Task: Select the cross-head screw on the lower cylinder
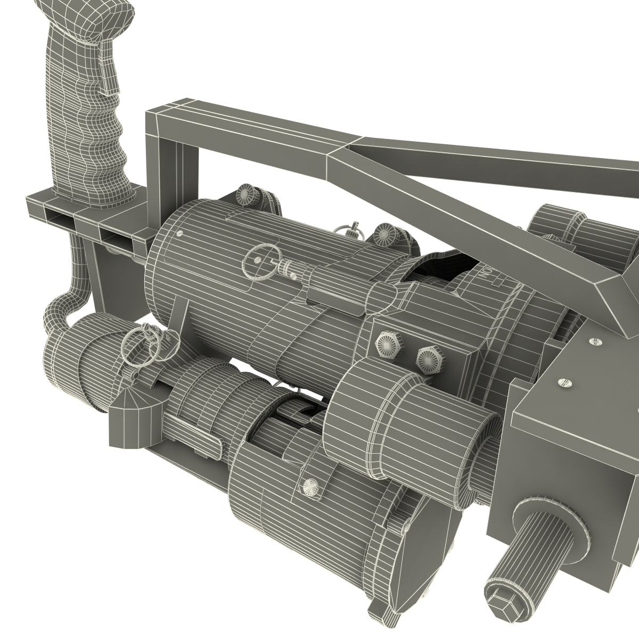(x=309, y=487)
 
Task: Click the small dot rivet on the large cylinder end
(x=179, y=233)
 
